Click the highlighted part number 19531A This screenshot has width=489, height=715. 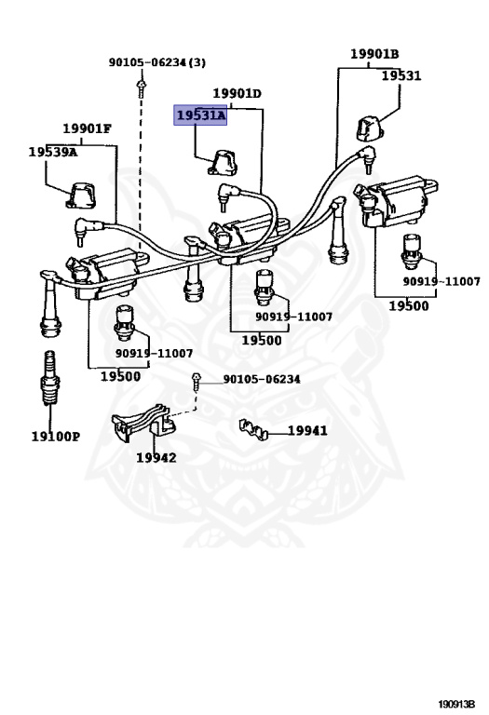200,115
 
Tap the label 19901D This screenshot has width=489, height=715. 238,93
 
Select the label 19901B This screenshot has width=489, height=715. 374,54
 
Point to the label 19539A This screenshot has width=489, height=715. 53,152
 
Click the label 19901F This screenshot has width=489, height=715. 88,128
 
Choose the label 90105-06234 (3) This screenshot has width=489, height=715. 156,62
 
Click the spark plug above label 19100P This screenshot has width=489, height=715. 49,378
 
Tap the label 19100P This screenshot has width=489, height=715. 56,437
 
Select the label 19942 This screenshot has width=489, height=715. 156,457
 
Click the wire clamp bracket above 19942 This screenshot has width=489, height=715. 143,421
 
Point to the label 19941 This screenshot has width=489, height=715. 307,430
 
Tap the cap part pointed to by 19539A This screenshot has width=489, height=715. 81,196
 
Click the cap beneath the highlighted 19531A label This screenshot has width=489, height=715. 223,163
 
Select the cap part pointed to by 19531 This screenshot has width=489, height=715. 370,128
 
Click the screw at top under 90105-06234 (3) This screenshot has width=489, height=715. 142,88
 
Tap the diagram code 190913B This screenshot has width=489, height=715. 456,704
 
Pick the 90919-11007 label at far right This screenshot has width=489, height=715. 441,281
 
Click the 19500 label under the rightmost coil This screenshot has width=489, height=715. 409,305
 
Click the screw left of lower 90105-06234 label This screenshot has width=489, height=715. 197,382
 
